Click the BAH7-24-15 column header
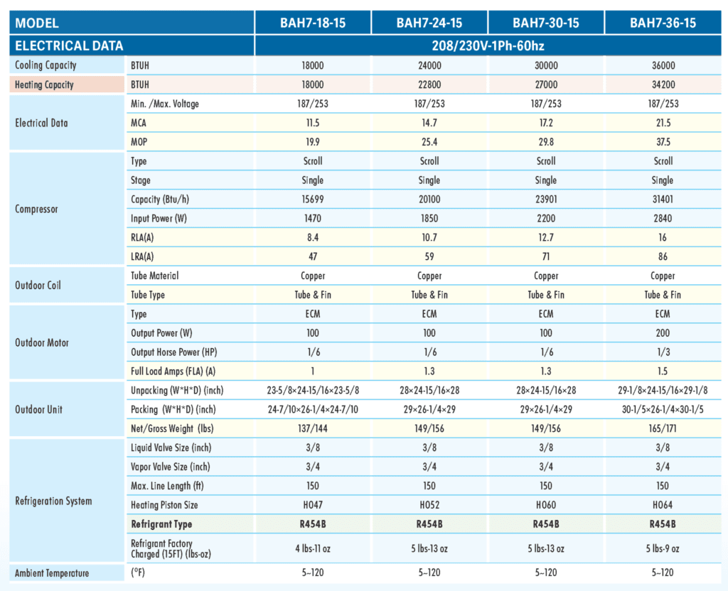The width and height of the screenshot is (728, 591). click(429, 23)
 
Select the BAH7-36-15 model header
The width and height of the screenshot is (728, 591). click(663, 23)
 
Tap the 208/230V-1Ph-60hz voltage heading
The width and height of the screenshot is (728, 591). click(488, 45)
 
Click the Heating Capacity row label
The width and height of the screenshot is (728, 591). click(44, 85)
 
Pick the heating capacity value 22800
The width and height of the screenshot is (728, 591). click(429, 85)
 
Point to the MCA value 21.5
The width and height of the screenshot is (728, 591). click(663, 123)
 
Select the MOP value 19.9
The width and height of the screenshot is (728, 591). click(313, 142)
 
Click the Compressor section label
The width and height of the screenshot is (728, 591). click(36, 209)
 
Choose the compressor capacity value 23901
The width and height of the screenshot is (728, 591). click(546, 199)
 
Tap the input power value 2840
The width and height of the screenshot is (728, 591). click(663, 219)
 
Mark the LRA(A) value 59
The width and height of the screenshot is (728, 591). click(429, 256)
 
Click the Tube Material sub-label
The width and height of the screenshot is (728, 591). click(154, 276)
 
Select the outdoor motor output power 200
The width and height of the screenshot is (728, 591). click(663, 333)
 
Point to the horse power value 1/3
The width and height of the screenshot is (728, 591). click(663, 352)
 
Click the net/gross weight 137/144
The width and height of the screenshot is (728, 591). click(313, 428)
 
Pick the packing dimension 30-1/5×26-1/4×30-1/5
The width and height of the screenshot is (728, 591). click(663, 410)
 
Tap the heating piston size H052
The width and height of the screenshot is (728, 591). click(429, 505)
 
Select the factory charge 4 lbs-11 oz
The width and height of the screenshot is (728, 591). click(313, 549)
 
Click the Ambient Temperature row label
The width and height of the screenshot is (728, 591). click(51, 573)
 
